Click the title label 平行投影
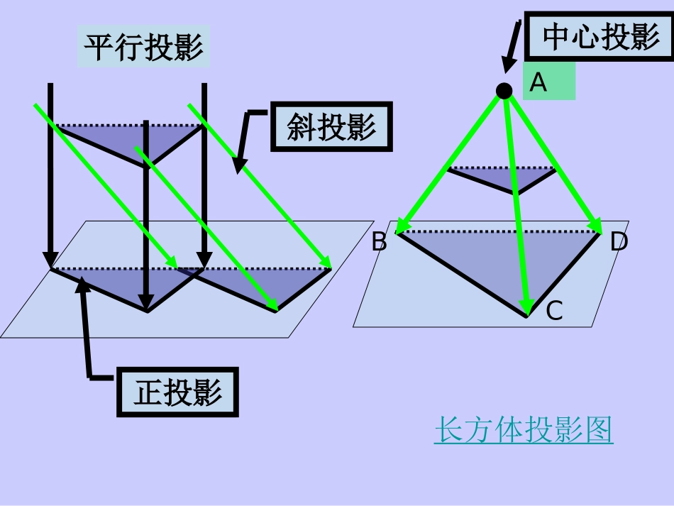[x=144, y=48]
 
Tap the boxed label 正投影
[x=178, y=392]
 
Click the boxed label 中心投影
[x=601, y=37]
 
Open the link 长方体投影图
[x=524, y=430]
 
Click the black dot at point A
[x=504, y=91]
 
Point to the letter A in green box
[x=539, y=83]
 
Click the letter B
[x=380, y=243]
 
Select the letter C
[x=554, y=311]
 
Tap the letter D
[x=619, y=243]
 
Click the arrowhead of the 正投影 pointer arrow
[x=82, y=283]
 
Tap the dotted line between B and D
[x=497, y=231]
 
